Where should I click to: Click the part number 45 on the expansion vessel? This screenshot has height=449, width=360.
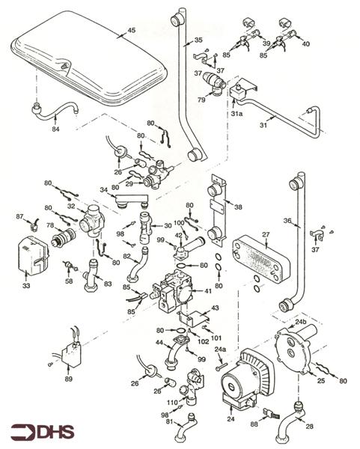[131, 30]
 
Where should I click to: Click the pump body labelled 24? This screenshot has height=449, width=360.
[238, 382]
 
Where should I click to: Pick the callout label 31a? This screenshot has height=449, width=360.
[237, 114]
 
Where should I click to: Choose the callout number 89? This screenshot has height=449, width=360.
[69, 379]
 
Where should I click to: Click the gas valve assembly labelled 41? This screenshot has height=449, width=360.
[174, 294]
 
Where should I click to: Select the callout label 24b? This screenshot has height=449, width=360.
[301, 323]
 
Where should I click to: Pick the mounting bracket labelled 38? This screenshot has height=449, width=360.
[218, 198]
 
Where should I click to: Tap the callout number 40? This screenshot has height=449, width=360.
[305, 43]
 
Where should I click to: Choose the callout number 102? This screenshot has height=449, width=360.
[203, 342]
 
